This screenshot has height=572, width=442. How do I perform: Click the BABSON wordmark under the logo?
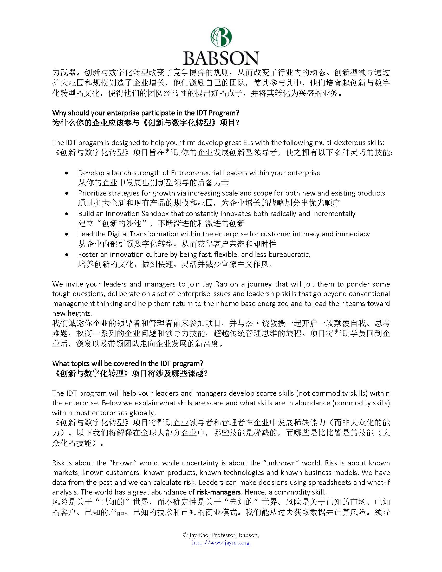[x=221, y=58]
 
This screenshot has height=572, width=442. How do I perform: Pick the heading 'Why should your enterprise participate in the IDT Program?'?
[x=146, y=113]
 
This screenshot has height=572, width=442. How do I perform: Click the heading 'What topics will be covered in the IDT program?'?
[x=128, y=363]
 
